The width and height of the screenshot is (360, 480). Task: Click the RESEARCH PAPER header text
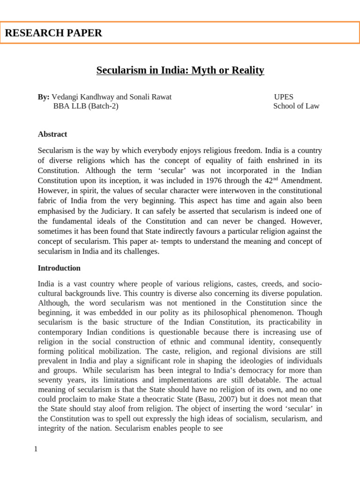(x=53, y=33)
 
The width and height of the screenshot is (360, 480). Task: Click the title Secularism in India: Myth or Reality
(x=180, y=70)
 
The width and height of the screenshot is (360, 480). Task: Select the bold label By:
(x=44, y=97)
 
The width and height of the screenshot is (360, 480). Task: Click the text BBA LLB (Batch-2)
(x=86, y=106)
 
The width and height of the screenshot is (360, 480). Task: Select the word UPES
(x=284, y=97)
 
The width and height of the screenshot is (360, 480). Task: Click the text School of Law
(x=296, y=106)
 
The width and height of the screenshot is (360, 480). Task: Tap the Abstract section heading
(x=52, y=134)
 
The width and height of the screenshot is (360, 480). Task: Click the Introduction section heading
(x=59, y=268)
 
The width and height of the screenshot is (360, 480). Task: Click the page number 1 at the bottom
(x=36, y=450)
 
